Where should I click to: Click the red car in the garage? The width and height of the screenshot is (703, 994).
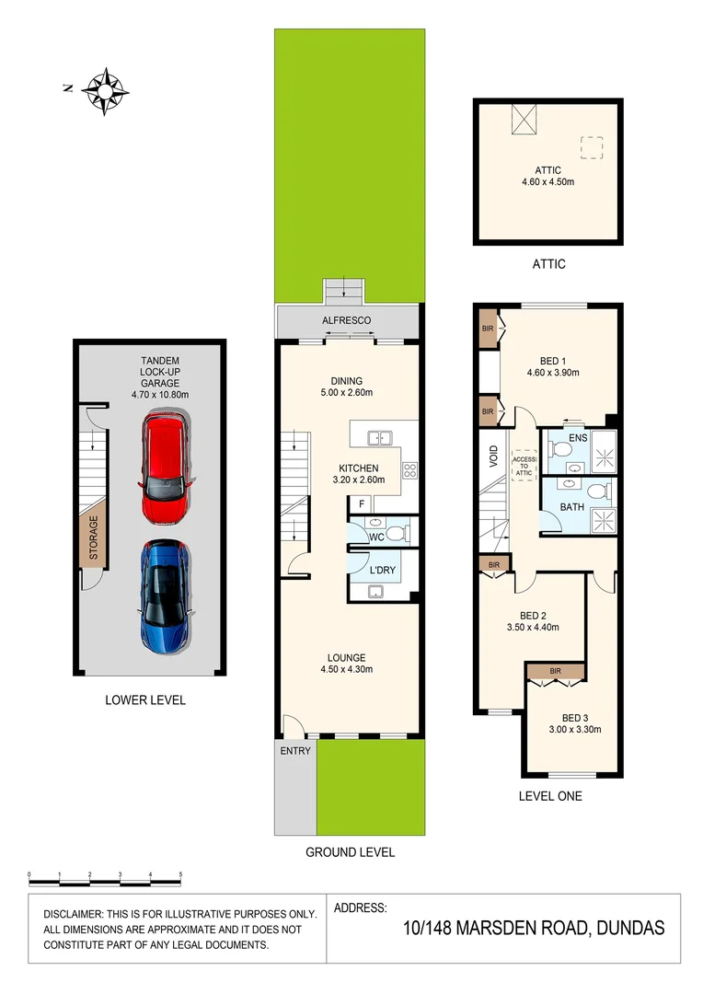166,468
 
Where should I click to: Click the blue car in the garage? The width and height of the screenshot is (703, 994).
166,595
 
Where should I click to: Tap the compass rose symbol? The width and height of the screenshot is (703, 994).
105,90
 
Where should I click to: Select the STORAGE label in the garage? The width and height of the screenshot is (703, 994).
93,537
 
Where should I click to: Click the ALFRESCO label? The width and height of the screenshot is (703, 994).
346,320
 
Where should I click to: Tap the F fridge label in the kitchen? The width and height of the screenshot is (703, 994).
362,505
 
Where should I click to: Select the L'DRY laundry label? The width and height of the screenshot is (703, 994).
382,571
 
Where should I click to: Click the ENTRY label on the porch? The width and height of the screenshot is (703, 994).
295,751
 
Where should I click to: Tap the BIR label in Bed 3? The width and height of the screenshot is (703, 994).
555,672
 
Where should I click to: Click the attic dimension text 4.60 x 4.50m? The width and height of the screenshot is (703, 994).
548,182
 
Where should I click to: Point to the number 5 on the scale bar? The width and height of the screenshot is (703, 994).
180,873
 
